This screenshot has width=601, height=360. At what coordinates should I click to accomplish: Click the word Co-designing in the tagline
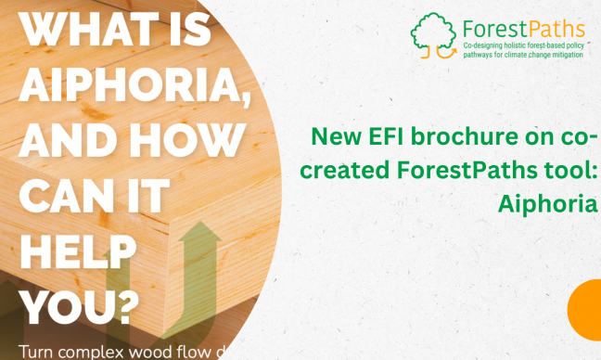coord(489,45)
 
